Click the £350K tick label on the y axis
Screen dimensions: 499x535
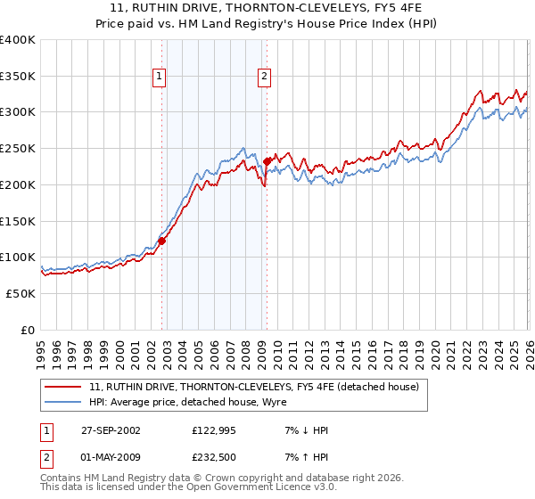[x=18, y=77]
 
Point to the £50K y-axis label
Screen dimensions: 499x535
[x=21, y=293]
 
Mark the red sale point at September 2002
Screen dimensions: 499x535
[x=162, y=241]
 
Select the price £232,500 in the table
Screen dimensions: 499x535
[x=213, y=456]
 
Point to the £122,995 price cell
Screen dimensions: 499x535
[x=213, y=430]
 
